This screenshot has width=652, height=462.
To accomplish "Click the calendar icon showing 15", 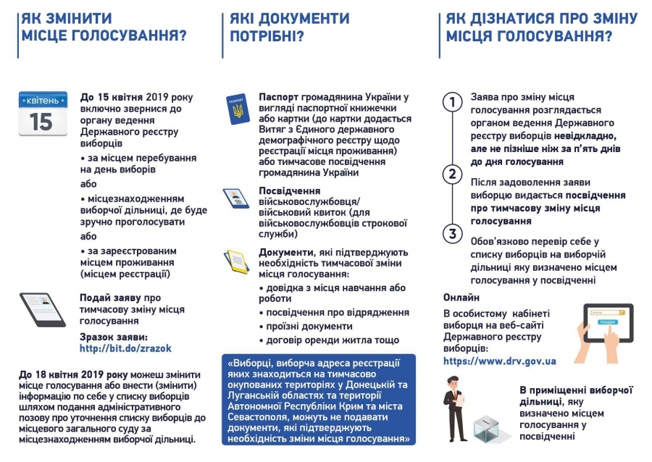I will (43, 114).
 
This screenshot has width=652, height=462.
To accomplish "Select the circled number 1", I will (453, 102).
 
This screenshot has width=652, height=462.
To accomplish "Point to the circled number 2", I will (453, 174).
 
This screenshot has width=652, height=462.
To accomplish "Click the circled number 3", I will (453, 233).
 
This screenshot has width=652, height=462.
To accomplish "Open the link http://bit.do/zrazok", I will (125, 348).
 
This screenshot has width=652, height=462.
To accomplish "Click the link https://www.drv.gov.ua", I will (499, 361).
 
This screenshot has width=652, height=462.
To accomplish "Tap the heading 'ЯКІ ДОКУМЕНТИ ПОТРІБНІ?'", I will (289, 27).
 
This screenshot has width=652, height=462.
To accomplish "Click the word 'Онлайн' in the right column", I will (461, 298).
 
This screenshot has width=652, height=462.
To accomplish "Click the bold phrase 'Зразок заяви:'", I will (113, 337).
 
